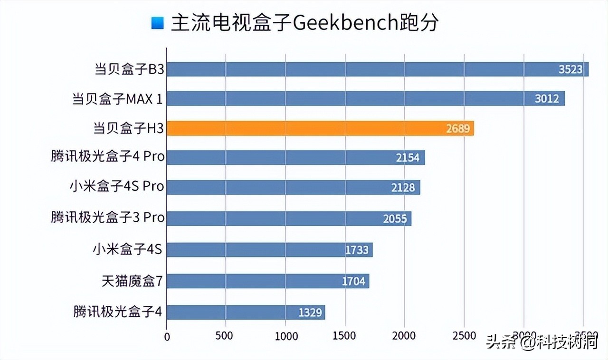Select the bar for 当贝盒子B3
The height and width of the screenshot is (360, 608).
pyautogui.click(x=377, y=69)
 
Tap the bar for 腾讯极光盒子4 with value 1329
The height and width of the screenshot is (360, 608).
pyautogui.click(x=246, y=312)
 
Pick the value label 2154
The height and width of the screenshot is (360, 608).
pyautogui.click(x=408, y=158)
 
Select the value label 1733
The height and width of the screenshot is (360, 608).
pyautogui.click(x=356, y=249)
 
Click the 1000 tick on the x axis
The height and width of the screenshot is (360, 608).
pyautogui.click(x=285, y=336)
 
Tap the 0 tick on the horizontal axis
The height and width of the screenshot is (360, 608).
pyautogui.click(x=167, y=336)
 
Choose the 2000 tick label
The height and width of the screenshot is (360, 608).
pyautogui.click(x=404, y=336)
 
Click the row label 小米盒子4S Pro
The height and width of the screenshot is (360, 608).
pyautogui.click(x=117, y=187)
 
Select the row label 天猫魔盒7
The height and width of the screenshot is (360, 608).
pyautogui.click(x=132, y=281)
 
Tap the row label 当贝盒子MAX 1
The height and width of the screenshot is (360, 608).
pyautogui.click(x=117, y=99)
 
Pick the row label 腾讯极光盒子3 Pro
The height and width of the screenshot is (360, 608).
pyautogui.click(x=108, y=218)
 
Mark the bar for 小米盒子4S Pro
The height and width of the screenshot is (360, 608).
pyautogui.click(x=293, y=187)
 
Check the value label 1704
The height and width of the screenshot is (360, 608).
pyautogui.click(x=353, y=281)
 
